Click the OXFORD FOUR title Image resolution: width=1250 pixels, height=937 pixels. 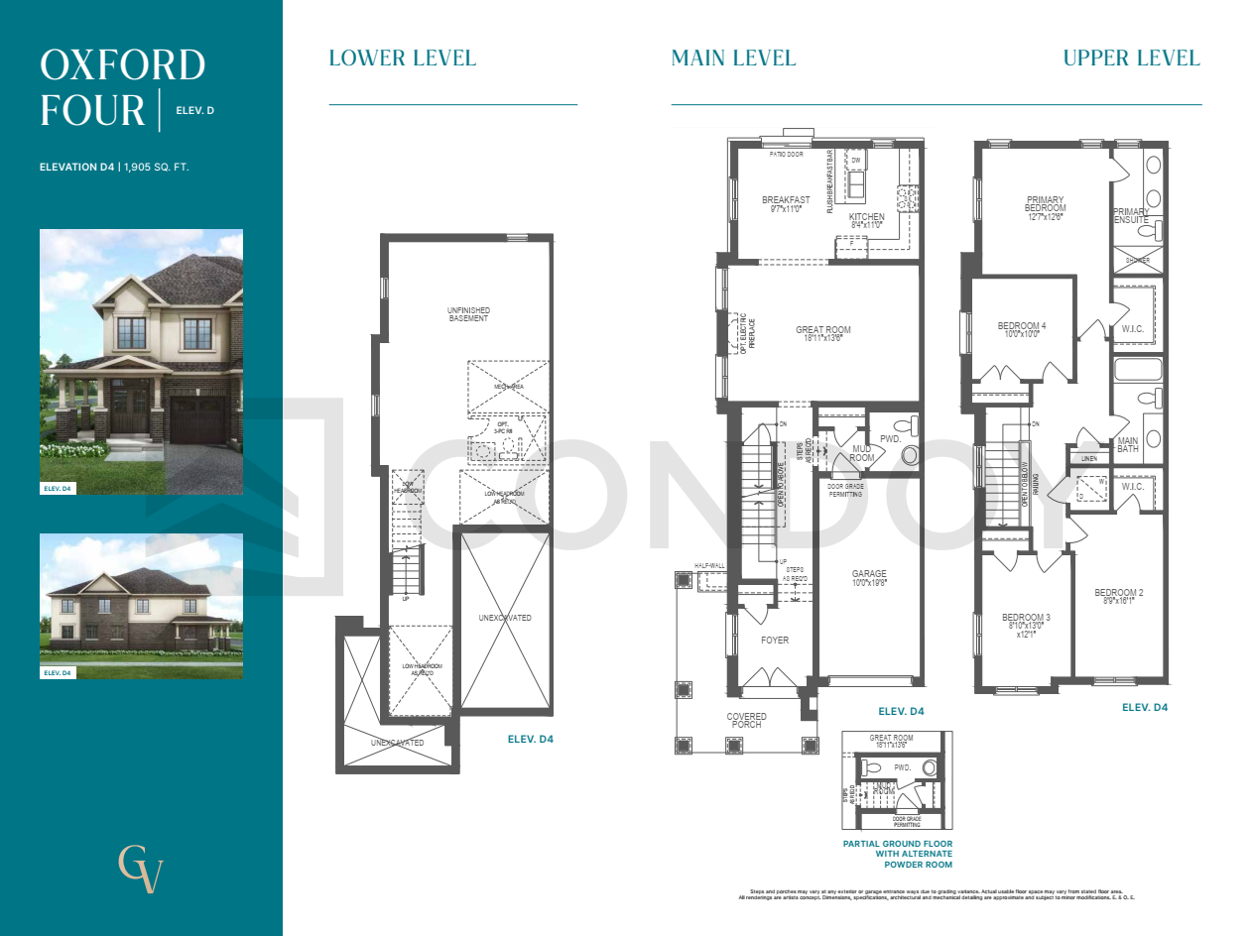point(121,87)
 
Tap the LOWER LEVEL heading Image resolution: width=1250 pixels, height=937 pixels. point(402,58)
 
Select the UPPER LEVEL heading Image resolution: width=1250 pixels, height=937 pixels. point(1131,58)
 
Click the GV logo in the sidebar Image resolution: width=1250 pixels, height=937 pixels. point(140,870)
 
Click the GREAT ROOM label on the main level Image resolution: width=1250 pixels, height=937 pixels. point(822,331)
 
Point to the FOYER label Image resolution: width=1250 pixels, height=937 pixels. point(775,640)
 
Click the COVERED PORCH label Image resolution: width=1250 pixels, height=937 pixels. point(746,720)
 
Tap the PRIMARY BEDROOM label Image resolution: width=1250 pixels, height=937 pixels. point(1045,204)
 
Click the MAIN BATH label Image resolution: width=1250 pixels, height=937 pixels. point(1127,444)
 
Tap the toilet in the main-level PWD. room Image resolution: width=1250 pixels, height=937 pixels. point(910,454)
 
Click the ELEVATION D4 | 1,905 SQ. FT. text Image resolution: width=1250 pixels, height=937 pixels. point(114,167)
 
